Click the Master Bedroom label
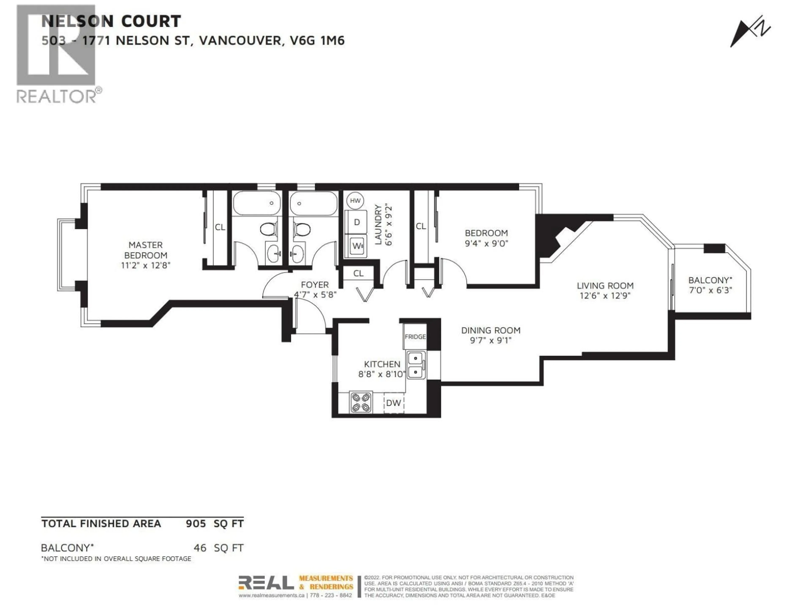(146, 250)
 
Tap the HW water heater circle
(355, 201)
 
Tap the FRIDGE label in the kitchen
(415, 337)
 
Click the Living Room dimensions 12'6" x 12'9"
(605, 295)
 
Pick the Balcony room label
(710, 280)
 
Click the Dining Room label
(491, 330)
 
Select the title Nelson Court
(111, 21)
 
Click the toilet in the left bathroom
(269, 229)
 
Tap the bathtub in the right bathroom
(313, 203)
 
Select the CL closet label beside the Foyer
(358, 273)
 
